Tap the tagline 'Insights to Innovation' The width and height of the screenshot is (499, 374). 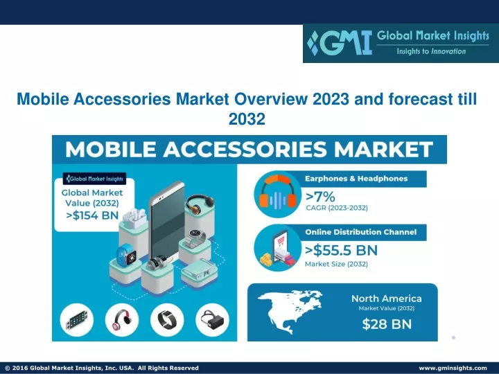tap(431, 51)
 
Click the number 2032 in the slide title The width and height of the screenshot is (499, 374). tap(247, 119)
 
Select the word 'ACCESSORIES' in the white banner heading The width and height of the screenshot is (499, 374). tap(245, 149)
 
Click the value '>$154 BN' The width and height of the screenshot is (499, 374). tap(92, 215)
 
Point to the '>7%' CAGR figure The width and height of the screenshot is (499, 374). tap(320, 197)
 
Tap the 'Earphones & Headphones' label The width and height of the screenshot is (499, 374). tap(356, 179)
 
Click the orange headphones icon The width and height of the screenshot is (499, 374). tap(277, 195)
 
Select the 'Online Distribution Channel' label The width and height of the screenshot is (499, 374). tap(361, 232)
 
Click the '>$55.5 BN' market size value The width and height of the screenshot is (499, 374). tap(341, 251)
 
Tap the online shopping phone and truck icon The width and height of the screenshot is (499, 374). tap(277, 249)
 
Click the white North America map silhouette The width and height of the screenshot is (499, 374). tap(290, 311)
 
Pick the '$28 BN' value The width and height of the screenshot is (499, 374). tap(387, 324)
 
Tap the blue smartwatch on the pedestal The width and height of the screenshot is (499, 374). tap(127, 254)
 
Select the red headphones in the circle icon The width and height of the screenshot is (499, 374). tap(122, 320)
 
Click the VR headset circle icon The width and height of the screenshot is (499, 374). tap(212, 320)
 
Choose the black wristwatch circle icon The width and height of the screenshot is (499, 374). tap(167, 320)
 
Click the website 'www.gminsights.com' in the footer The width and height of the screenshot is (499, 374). tap(453, 368)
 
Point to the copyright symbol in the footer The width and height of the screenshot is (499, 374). tap(8, 368)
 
